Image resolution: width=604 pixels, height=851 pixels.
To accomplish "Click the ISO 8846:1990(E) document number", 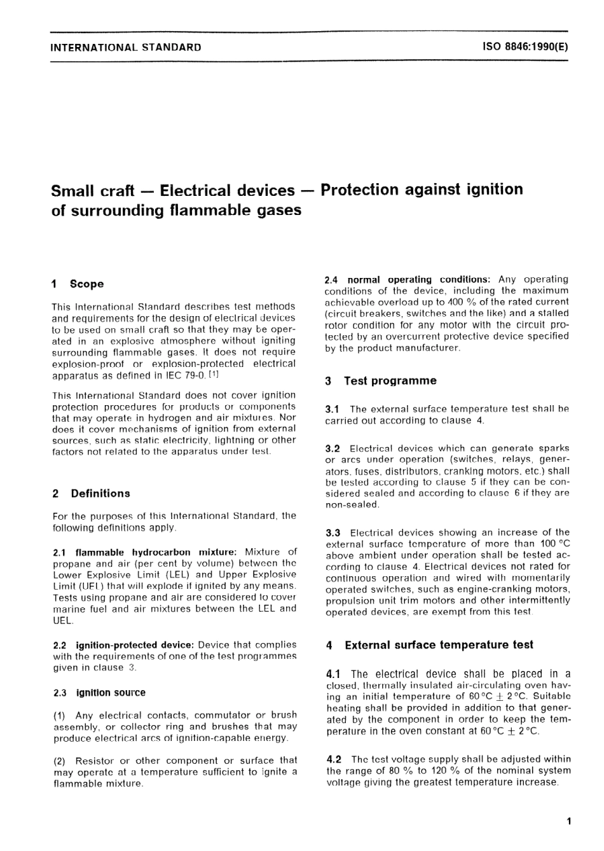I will pyautogui.click(x=525, y=47).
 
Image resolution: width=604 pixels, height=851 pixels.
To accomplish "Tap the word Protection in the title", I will pyautogui.click(x=361, y=190).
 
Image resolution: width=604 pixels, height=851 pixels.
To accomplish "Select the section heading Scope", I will pyautogui.click(x=86, y=284).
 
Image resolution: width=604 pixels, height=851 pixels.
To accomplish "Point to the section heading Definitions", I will pyautogui.click(x=100, y=494).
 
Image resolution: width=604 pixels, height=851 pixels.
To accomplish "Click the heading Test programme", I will pyautogui.click(x=390, y=381).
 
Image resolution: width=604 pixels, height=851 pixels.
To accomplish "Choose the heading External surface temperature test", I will pyautogui.click(x=439, y=645).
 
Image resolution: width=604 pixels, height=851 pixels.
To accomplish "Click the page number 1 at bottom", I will pyautogui.click(x=568, y=821).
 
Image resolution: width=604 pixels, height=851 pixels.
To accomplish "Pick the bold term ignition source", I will pyautogui.click(x=111, y=693).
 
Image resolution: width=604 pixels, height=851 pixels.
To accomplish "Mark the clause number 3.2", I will pyautogui.click(x=333, y=448).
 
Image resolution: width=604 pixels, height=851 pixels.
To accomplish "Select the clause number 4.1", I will pyautogui.click(x=335, y=674).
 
